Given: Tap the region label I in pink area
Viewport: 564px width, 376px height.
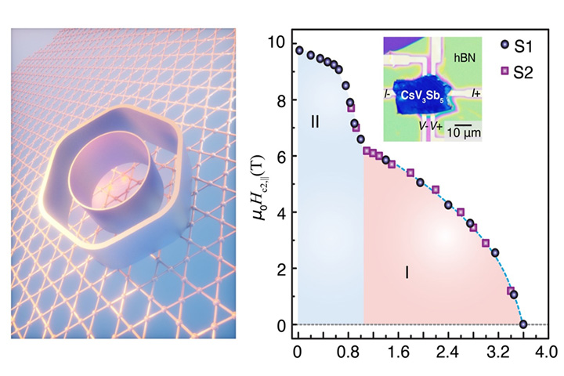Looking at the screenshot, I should tap(407, 273).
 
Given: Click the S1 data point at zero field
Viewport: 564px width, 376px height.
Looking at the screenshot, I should tap(523, 324).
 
